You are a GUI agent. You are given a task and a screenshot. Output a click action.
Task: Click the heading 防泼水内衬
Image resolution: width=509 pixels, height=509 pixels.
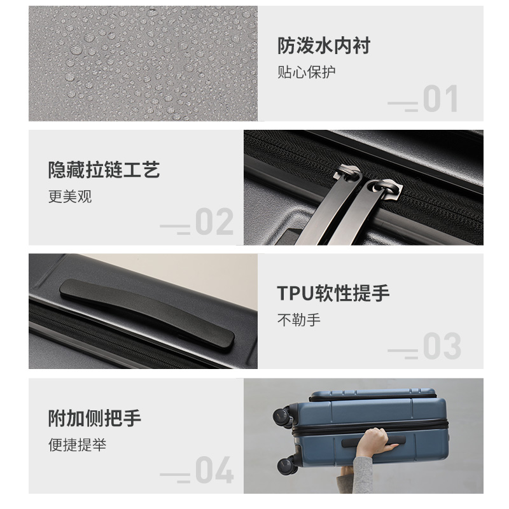tap(324, 45)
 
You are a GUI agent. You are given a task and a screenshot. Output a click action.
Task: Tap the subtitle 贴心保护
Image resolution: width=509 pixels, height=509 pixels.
tap(307, 72)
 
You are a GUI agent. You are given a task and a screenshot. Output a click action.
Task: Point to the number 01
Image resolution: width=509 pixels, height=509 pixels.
tap(440, 99)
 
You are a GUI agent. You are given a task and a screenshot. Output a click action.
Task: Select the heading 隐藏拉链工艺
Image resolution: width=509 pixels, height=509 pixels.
tap(104, 169)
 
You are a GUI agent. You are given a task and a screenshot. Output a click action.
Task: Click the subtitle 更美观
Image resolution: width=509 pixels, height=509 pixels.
tap(70, 197)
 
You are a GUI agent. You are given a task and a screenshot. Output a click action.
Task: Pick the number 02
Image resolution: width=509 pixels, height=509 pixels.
tap(214, 221)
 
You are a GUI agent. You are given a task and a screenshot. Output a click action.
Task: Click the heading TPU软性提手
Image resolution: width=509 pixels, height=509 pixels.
tap(333, 293)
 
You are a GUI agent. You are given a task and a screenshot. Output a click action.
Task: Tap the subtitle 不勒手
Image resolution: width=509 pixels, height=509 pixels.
tap(299, 320)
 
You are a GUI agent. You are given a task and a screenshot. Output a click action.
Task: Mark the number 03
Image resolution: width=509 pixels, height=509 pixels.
tap(442, 345)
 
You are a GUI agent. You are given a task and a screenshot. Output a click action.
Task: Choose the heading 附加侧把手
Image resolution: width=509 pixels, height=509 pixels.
tap(94, 418)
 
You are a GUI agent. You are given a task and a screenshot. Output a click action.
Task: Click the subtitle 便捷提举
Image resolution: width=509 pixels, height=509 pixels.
tap(77, 444)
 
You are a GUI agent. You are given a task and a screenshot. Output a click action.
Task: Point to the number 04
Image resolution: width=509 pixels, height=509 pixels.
tap(214, 470)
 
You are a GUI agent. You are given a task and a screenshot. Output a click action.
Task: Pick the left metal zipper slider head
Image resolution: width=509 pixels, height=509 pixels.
tap(348, 173)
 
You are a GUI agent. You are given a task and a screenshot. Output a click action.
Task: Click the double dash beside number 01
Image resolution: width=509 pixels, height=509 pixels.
tap(403, 106)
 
